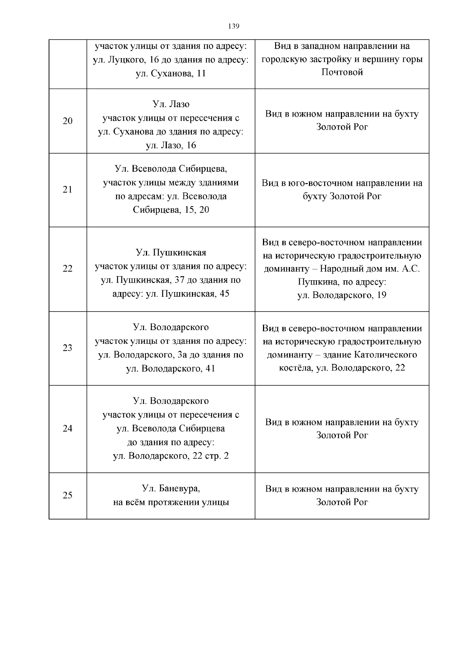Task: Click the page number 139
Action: pos(233,26)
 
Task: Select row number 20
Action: pos(67,121)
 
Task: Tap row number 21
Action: pos(67,190)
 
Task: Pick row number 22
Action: pos(67,269)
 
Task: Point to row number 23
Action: pos(67,348)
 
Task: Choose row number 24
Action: pos(67,428)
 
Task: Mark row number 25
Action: pos(67,495)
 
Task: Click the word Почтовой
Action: pos(342,72)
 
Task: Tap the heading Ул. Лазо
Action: pos(171,104)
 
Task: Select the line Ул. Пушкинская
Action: pos(171,253)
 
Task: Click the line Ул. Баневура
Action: pos(171,488)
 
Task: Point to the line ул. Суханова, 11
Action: pos(171,74)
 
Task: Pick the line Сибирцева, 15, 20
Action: pos(171,210)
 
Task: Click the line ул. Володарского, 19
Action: pos(342,295)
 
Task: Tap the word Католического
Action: pos(385,355)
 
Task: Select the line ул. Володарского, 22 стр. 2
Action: pos(171,456)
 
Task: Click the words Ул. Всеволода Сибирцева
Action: pos(171,169)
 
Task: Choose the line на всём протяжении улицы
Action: pos(171,503)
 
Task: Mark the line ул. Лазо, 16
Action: pos(171,145)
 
